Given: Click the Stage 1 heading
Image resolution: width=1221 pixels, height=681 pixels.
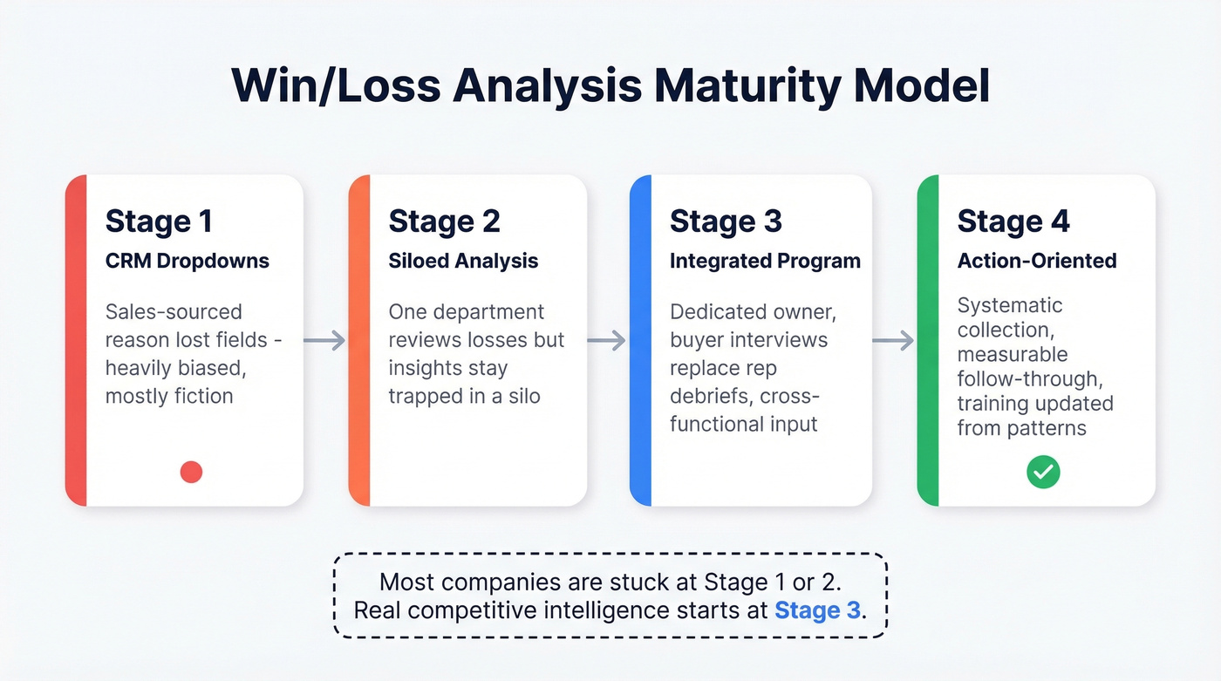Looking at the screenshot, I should pyautogui.click(x=158, y=221).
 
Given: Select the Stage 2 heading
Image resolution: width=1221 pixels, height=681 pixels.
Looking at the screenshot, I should pyautogui.click(x=444, y=221).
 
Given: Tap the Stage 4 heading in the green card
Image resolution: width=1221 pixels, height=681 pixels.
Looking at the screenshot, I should pyautogui.click(x=1013, y=221).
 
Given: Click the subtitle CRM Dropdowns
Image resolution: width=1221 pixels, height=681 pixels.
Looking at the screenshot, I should pyautogui.click(x=187, y=261).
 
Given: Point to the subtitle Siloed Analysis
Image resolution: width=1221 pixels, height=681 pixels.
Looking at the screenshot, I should pyautogui.click(x=463, y=261).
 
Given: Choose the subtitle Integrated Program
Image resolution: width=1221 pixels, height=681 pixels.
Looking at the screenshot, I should pyautogui.click(x=765, y=261).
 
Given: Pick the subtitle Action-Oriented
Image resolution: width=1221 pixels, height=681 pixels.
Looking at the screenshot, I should pyautogui.click(x=1036, y=261).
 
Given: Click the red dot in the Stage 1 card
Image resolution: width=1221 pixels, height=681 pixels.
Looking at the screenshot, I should pyautogui.click(x=191, y=472).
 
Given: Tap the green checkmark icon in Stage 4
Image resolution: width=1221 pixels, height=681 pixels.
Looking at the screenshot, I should pyautogui.click(x=1042, y=473).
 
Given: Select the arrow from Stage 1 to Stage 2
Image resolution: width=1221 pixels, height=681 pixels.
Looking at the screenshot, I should pyautogui.click(x=324, y=340).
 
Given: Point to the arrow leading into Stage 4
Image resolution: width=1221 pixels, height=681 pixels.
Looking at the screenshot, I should pyautogui.click(x=893, y=340).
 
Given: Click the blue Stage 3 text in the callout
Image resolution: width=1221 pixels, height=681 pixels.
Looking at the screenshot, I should pyautogui.click(x=817, y=609).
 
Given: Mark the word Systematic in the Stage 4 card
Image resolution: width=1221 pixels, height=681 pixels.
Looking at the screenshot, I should pyautogui.click(x=1010, y=305).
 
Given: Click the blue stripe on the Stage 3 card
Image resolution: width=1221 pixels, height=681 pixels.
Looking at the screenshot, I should pyautogui.click(x=640, y=340).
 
